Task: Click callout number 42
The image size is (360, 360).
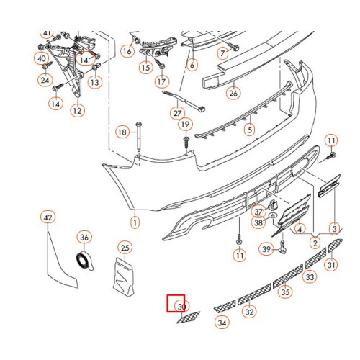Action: [48, 217]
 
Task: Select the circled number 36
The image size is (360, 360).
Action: [84, 237]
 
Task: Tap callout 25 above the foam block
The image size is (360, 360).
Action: [125, 248]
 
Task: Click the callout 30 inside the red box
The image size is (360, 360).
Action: [181, 306]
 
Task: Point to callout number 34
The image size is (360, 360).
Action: [222, 323]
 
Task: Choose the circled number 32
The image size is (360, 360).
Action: [249, 312]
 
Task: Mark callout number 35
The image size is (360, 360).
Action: [285, 292]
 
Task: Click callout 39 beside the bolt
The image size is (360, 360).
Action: [265, 249]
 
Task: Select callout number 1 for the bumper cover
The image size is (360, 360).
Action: [133, 222]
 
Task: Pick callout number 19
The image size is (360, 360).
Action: [185, 125]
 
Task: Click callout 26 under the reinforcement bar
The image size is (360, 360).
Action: [234, 92]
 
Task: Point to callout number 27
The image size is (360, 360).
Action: [177, 113]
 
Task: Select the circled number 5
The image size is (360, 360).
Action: [249, 130]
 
